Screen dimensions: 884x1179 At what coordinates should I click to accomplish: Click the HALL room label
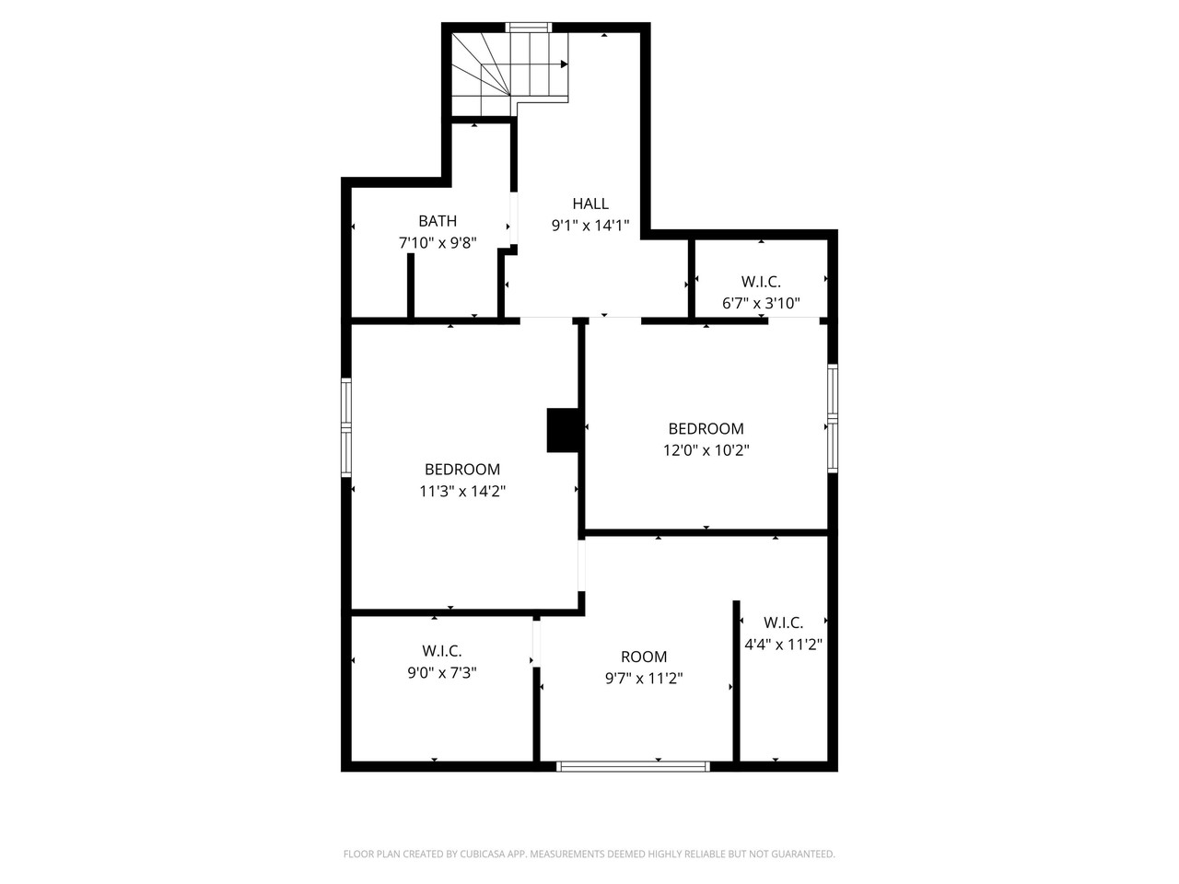(x=590, y=204)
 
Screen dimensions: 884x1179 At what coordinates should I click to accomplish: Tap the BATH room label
(x=438, y=221)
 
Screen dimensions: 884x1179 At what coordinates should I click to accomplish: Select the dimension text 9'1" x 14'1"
(x=590, y=226)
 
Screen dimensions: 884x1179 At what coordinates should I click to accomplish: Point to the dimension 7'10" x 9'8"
(x=438, y=243)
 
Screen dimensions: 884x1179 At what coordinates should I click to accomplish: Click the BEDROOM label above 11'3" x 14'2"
(x=462, y=469)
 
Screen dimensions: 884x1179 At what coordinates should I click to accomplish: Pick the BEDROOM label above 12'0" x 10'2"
(x=706, y=428)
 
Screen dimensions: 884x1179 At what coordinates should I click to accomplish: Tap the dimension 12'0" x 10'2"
(x=706, y=450)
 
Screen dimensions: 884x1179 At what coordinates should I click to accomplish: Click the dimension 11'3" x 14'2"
(x=462, y=491)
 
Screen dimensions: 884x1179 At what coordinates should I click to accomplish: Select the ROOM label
(x=644, y=657)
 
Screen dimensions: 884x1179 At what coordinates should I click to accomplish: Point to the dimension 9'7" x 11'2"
(x=644, y=679)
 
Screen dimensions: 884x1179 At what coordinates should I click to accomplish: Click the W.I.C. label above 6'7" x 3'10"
(x=761, y=282)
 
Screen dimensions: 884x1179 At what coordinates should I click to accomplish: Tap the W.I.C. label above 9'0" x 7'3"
(x=442, y=651)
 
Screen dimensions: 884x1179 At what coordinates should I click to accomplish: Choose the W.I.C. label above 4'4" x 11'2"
(x=783, y=622)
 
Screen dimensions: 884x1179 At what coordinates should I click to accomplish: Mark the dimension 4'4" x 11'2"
(x=783, y=645)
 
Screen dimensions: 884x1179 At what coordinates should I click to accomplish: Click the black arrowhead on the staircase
(x=564, y=64)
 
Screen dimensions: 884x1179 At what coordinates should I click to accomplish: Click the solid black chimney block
(x=562, y=430)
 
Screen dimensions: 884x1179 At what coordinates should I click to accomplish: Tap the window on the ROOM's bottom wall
(x=634, y=765)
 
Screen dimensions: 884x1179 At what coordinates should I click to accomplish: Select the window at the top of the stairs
(x=529, y=28)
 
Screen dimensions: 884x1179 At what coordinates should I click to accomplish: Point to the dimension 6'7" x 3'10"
(x=761, y=302)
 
